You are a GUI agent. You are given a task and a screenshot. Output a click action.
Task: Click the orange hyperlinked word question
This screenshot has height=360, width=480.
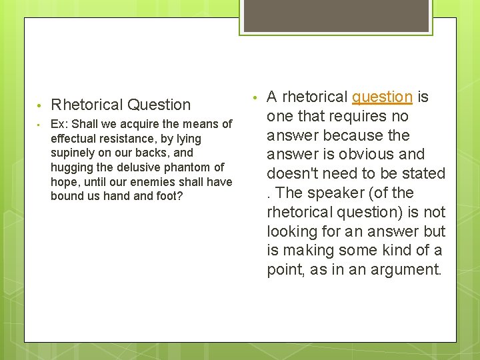(382, 97)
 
